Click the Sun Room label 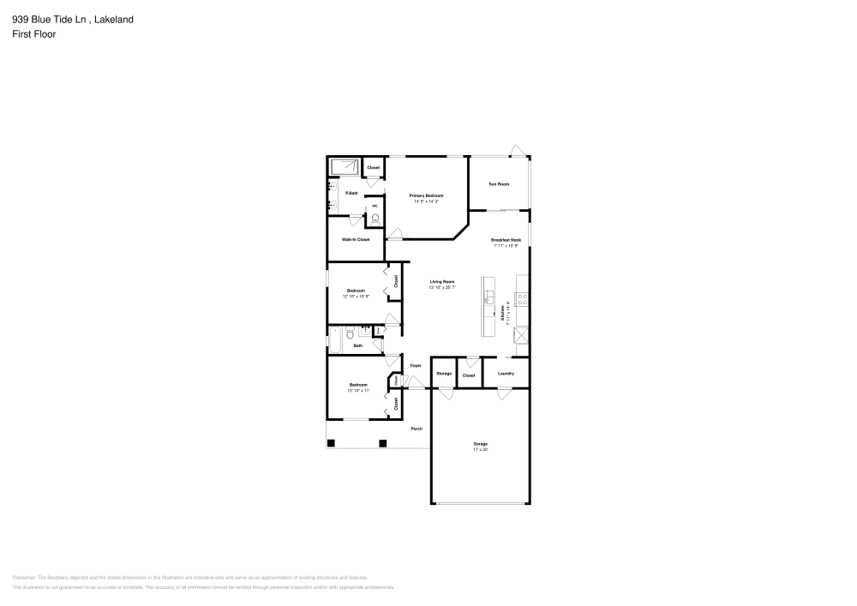[499, 184]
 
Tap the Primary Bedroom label [426, 196]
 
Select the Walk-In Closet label [356, 239]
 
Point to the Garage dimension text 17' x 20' [480, 449]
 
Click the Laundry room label [506, 374]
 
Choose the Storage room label [443, 374]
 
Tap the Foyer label [416, 366]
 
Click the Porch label [417, 429]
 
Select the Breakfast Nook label [506, 240]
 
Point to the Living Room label [442, 282]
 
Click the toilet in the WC [375, 219]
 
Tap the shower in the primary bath [345, 167]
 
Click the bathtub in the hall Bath [335, 339]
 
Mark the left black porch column [331, 443]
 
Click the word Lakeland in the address [114, 19]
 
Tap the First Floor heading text [34, 34]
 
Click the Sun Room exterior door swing [516, 151]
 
